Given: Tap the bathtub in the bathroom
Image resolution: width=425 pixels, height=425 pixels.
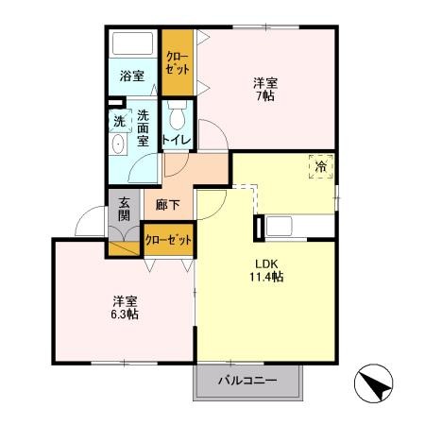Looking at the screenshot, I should pyautogui.click(x=134, y=43).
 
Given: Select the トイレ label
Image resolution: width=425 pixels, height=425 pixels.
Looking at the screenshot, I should pyautogui.click(x=177, y=140).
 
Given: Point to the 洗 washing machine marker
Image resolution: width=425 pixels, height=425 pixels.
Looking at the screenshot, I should pyautogui.click(x=119, y=120).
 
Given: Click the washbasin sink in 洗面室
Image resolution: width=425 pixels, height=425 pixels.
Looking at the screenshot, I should pyautogui.click(x=118, y=144).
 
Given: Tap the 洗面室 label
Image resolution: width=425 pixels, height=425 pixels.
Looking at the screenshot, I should pyautogui.click(x=143, y=127).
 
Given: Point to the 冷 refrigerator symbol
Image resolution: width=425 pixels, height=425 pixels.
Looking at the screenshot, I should pyautogui.click(x=321, y=166).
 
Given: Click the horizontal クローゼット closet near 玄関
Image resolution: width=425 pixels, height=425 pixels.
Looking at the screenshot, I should pyautogui.click(x=169, y=240).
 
